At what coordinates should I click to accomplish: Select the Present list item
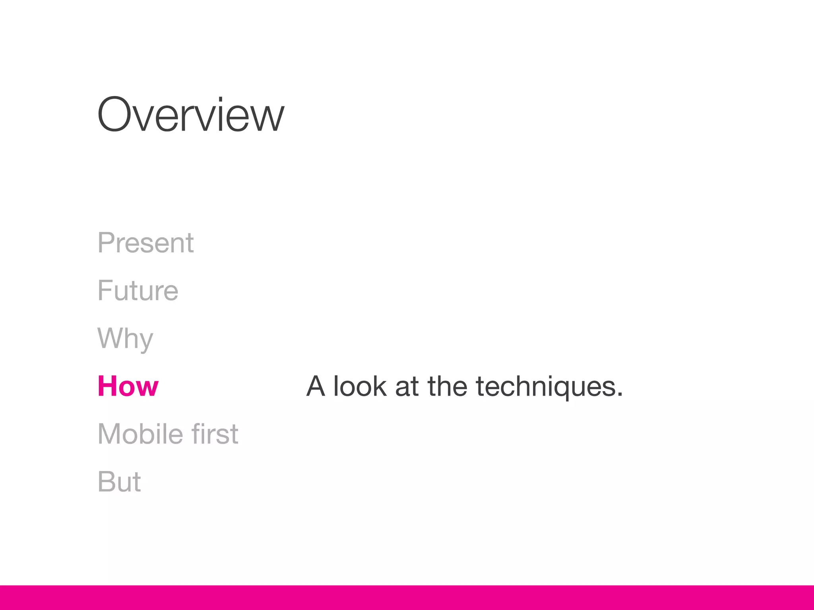coord(145,243)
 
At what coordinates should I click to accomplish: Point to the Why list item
coord(125,339)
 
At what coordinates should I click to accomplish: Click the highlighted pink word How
coord(128,386)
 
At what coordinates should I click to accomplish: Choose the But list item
coord(119,482)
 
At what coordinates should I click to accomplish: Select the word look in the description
coord(360,386)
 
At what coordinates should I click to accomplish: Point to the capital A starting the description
coord(316,386)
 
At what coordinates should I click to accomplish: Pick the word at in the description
coord(407,387)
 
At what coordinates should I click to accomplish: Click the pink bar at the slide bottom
coord(407,597)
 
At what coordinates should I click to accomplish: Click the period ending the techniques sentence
coord(620,395)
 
